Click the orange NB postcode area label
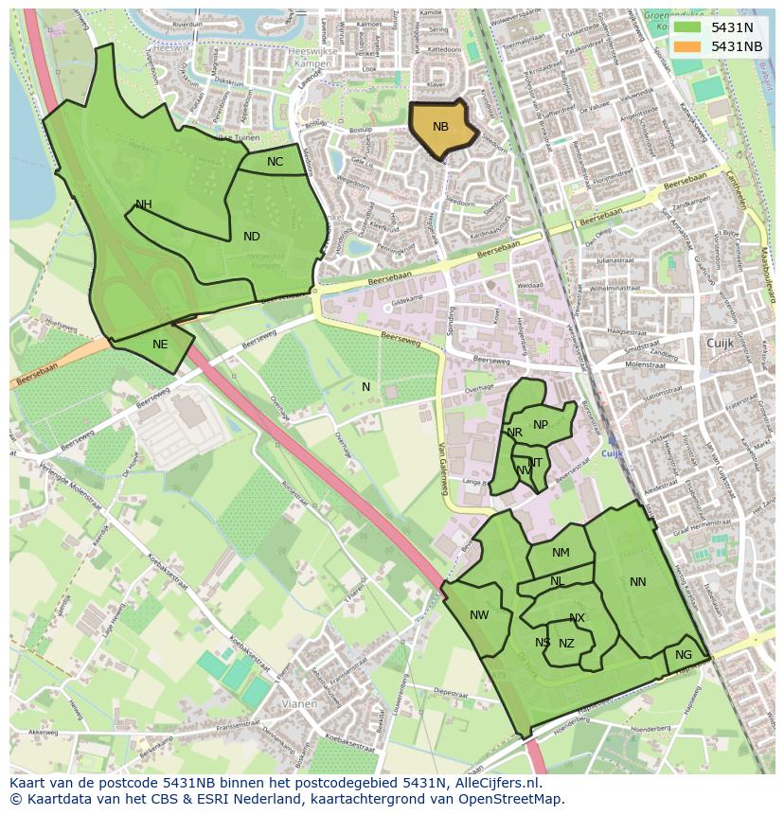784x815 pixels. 440,127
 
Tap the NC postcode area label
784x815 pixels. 275,162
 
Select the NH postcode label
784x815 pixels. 144,204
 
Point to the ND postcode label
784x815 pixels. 251,237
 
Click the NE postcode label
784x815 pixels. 160,345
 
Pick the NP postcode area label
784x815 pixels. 541,425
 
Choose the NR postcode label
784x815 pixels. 515,433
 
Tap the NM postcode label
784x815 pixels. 561,553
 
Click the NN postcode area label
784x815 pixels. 638,582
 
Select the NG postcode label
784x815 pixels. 684,655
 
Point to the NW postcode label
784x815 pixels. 479,615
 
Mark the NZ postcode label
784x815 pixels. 566,644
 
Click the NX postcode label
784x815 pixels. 577,618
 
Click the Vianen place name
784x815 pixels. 299,704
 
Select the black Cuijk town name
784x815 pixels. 721,343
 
